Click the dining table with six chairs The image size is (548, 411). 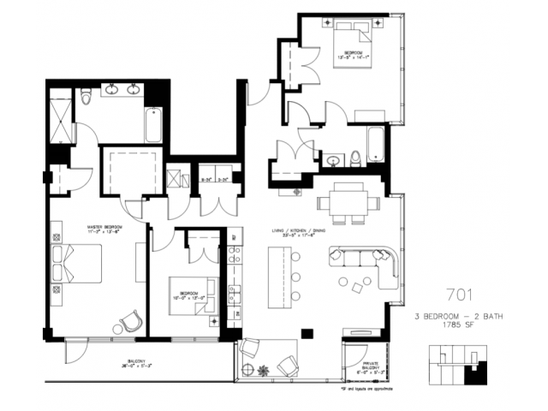[348, 205]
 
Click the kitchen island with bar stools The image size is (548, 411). [278, 277]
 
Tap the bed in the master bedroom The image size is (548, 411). [80, 265]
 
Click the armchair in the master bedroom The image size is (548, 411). [129, 323]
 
